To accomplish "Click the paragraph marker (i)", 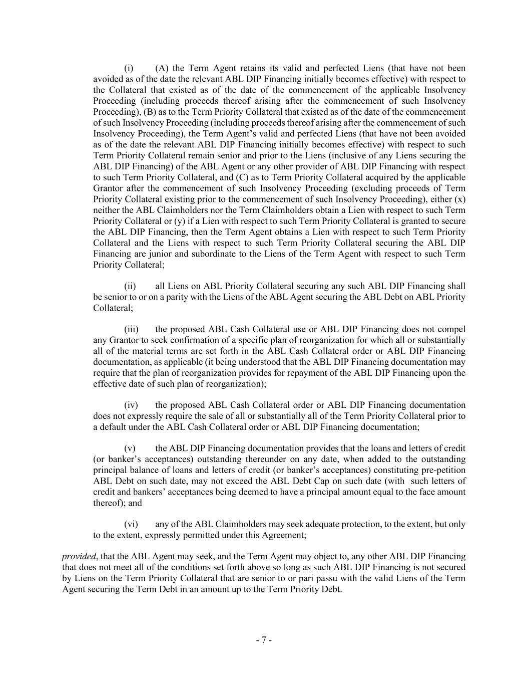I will [x=129, y=68].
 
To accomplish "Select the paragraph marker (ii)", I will [x=130, y=286].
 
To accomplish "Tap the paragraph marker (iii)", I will [x=131, y=329].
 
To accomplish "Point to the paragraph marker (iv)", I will [x=131, y=405].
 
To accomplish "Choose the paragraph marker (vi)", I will [x=131, y=524].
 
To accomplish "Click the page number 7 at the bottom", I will [x=264, y=640].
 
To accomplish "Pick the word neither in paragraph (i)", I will [x=107, y=210].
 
